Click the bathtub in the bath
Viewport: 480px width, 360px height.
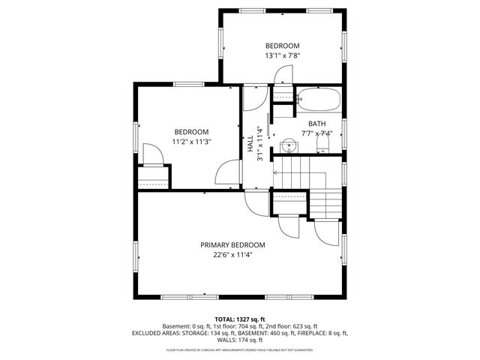point(319,99)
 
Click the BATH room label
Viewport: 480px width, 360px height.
point(316,124)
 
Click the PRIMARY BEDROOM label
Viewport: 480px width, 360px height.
point(232,244)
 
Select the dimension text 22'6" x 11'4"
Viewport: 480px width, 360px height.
point(232,255)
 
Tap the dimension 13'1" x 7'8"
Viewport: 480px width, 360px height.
point(282,55)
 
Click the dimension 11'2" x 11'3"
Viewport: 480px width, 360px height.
point(191,141)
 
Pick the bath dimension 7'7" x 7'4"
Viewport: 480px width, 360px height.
point(316,133)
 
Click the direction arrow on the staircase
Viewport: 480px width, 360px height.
point(276,172)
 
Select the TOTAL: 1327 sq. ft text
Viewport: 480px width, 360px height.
point(240,319)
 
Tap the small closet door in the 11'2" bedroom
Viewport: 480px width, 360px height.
point(152,154)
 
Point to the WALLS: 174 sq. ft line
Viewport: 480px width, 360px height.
point(240,340)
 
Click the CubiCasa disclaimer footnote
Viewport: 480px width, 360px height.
point(240,349)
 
